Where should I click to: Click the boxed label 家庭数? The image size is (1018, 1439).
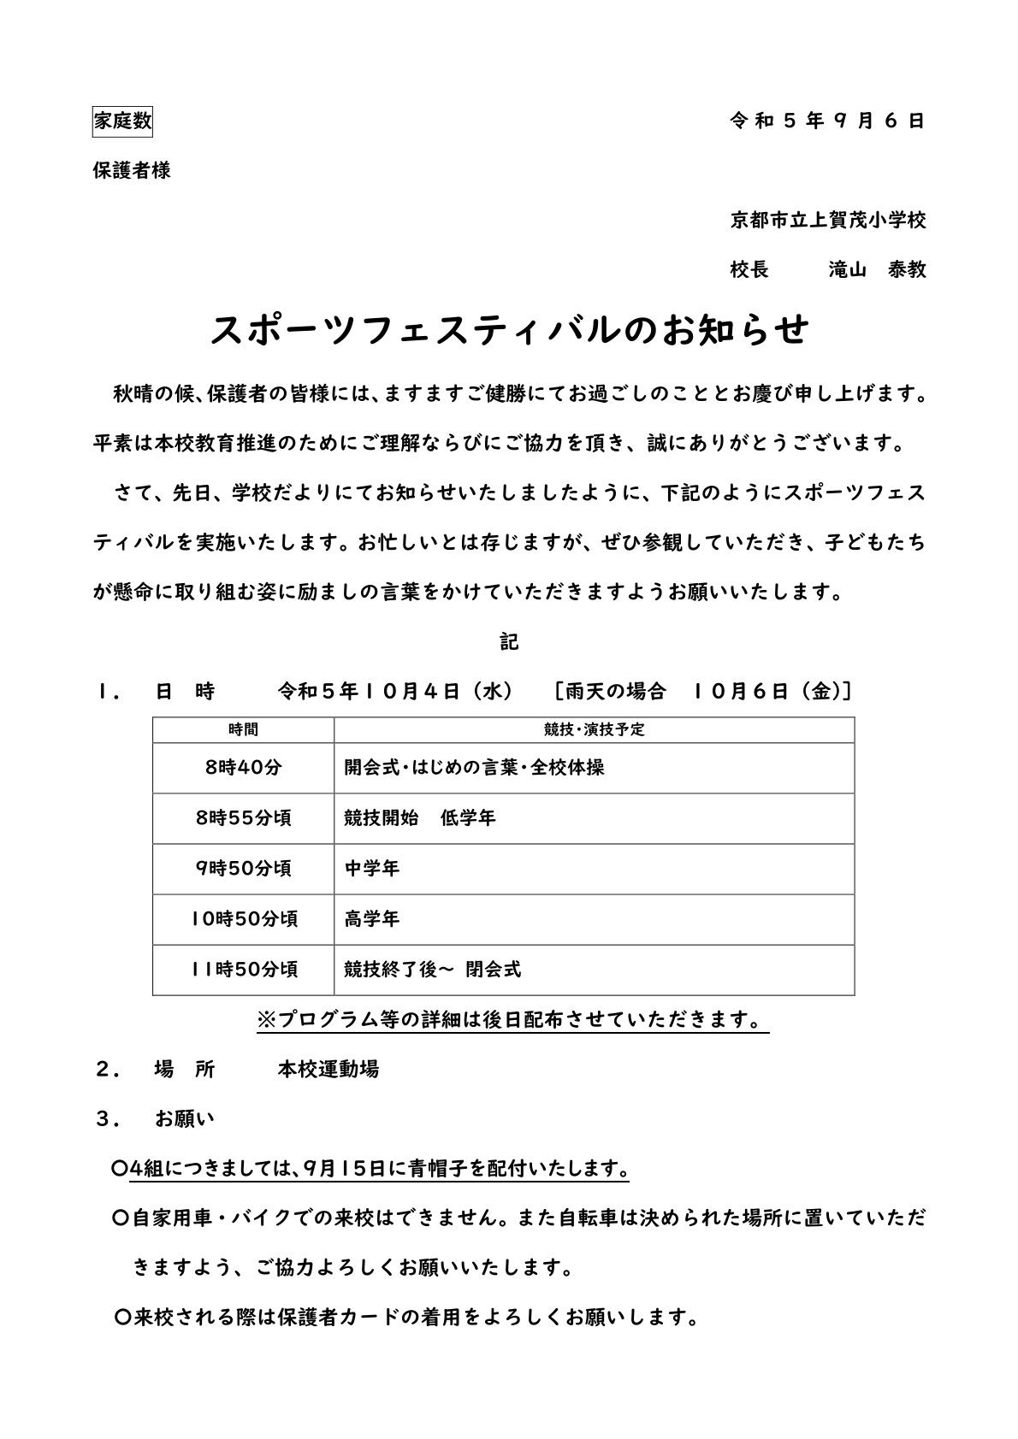(122, 121)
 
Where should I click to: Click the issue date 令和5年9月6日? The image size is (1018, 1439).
(827, 121)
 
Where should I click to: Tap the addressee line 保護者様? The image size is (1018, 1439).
(132, 170)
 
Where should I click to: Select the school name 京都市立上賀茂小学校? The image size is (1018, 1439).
(827, 221)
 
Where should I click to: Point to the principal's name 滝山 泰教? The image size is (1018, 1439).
(877, 270)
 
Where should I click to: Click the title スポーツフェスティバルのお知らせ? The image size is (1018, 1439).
(509, 330)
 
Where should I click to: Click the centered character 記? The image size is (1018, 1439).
(509, 641)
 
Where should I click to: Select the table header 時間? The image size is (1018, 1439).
(243, 730)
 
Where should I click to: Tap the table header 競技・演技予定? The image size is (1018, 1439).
(594, 730)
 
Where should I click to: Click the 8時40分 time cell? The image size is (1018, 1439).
(243, 768)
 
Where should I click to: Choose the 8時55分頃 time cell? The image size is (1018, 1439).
(243, 818)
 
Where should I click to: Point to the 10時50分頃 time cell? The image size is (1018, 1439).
(243, 919)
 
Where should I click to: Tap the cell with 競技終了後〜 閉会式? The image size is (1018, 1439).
(432, 970)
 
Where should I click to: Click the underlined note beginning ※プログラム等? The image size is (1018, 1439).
(512, 1020)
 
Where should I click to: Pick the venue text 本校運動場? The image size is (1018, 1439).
(328, 1070)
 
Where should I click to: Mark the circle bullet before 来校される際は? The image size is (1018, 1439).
(121, 1318)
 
